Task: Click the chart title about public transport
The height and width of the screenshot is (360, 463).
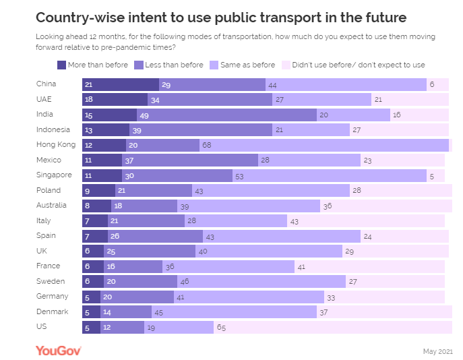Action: point(221,16)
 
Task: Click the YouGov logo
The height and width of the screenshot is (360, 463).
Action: point(59,350)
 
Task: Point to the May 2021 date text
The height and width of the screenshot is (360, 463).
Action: point(437,351)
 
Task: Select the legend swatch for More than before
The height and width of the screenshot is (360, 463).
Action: point(62,65)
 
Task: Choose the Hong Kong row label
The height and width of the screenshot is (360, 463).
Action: point(56,145)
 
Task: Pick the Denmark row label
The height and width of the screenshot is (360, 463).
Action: point(53,311)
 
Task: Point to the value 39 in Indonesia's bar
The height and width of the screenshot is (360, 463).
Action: point(137,130)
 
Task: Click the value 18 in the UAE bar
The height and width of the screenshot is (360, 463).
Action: point(88,100)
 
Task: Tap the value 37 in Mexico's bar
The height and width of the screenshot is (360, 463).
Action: point(129,160)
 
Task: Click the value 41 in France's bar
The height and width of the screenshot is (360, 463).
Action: point(301,266)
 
